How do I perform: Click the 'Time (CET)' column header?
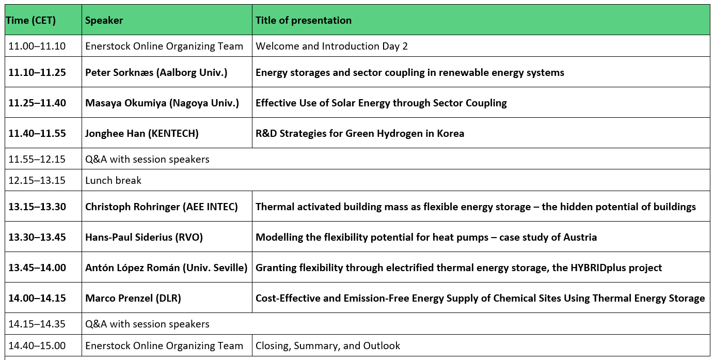pyautogui.click(x=31, y=21)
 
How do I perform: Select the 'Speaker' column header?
pyautogui.click(x=104, y=21)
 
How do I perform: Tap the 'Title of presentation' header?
pyautogui.click(x=304, y=21)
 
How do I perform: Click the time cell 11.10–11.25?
pyautogui.click(x=37, y=72)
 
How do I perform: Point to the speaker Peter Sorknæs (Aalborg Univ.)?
pyautogui.click(x=156, y=72)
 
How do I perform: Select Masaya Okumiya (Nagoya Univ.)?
pyautogui.click(x=162, y=103)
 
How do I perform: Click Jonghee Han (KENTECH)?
pyautogui.click(x=142, y=133)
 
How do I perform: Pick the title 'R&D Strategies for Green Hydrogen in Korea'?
pyautogui.click(x=360, y=133)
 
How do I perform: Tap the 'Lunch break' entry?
pyautogui.click(x=113, y=180)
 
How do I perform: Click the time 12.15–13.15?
pyautogui.click(x=37, y=180)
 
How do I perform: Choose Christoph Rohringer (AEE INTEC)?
pyautogui.click(x=161, y=207)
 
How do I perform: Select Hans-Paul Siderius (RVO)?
pyautogui.click(x=144, y=237)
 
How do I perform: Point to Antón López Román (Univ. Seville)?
pyautogui.click(x=166, y=268)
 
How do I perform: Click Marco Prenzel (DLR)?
pyautogui.click(x=133, y=298)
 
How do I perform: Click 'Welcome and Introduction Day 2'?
pyautogui.click(x=331, y=46)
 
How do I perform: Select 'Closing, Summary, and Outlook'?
pyautogui.click(x=328, y=346)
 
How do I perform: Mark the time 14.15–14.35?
pyautogui.click(x=37, y=324)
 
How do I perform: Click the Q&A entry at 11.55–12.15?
pyautogui.click(x=147, y=159)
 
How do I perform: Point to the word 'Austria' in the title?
pyautogui.click(x=580, y=237)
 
